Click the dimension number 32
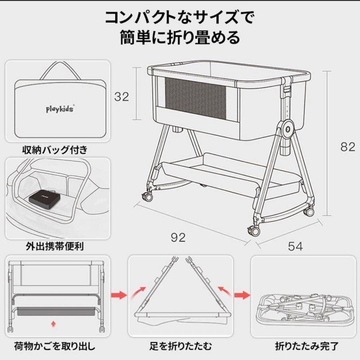point(121,97)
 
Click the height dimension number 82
point(348,147)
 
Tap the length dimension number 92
point(178,237)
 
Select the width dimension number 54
point(295,246)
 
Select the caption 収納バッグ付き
point(55,150)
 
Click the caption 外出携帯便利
point(55,247)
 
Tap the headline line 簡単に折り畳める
point(180,38)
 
